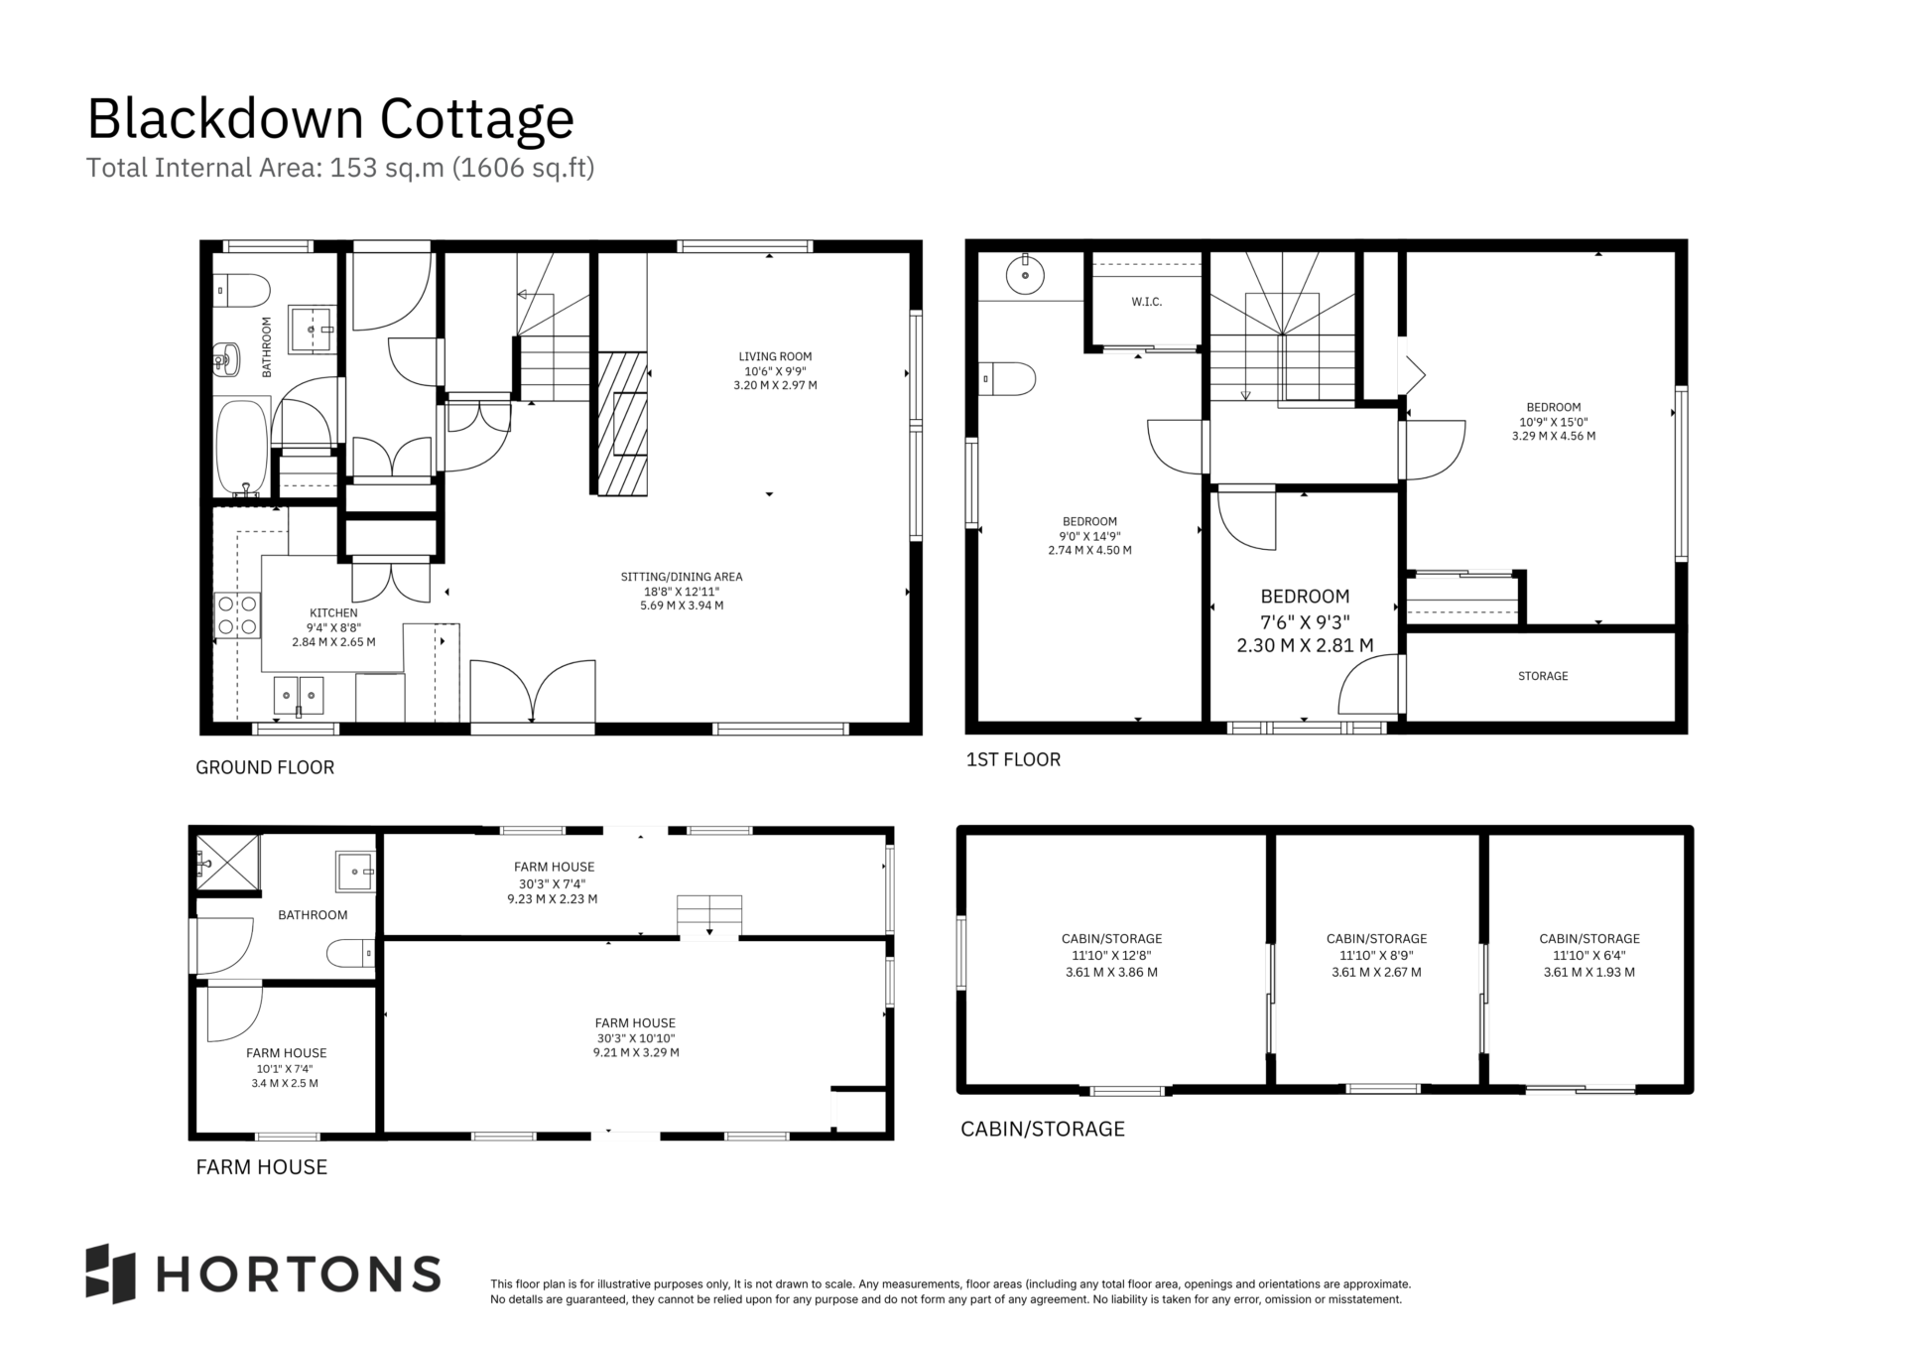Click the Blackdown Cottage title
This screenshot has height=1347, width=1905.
click(330, 119)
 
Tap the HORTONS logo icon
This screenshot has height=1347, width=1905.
click(110, 1274)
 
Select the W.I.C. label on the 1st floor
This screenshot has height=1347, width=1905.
click(1146, 302)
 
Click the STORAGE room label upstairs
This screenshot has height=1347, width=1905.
click(1543, 676)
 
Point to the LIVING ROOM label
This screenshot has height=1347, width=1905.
click(775, 356)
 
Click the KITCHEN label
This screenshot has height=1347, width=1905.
click(333, 613)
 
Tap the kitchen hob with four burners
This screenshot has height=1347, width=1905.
click(237, 614)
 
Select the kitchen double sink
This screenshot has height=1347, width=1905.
click(299, 696)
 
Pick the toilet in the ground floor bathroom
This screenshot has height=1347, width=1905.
click(241, 291)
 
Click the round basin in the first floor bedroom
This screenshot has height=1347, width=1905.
click(1024, 274)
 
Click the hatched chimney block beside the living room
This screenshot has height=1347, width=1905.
click(622, 424)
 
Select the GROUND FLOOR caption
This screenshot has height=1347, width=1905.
click(265, 767)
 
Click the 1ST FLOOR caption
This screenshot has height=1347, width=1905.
click(1013, 759)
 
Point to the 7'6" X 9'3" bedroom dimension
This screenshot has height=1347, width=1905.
click(1305, 621)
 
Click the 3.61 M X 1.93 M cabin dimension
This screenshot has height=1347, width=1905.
click(1588, 973)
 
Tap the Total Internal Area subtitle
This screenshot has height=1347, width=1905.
click(340, 168)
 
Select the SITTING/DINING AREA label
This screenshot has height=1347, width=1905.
click(682, 577)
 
